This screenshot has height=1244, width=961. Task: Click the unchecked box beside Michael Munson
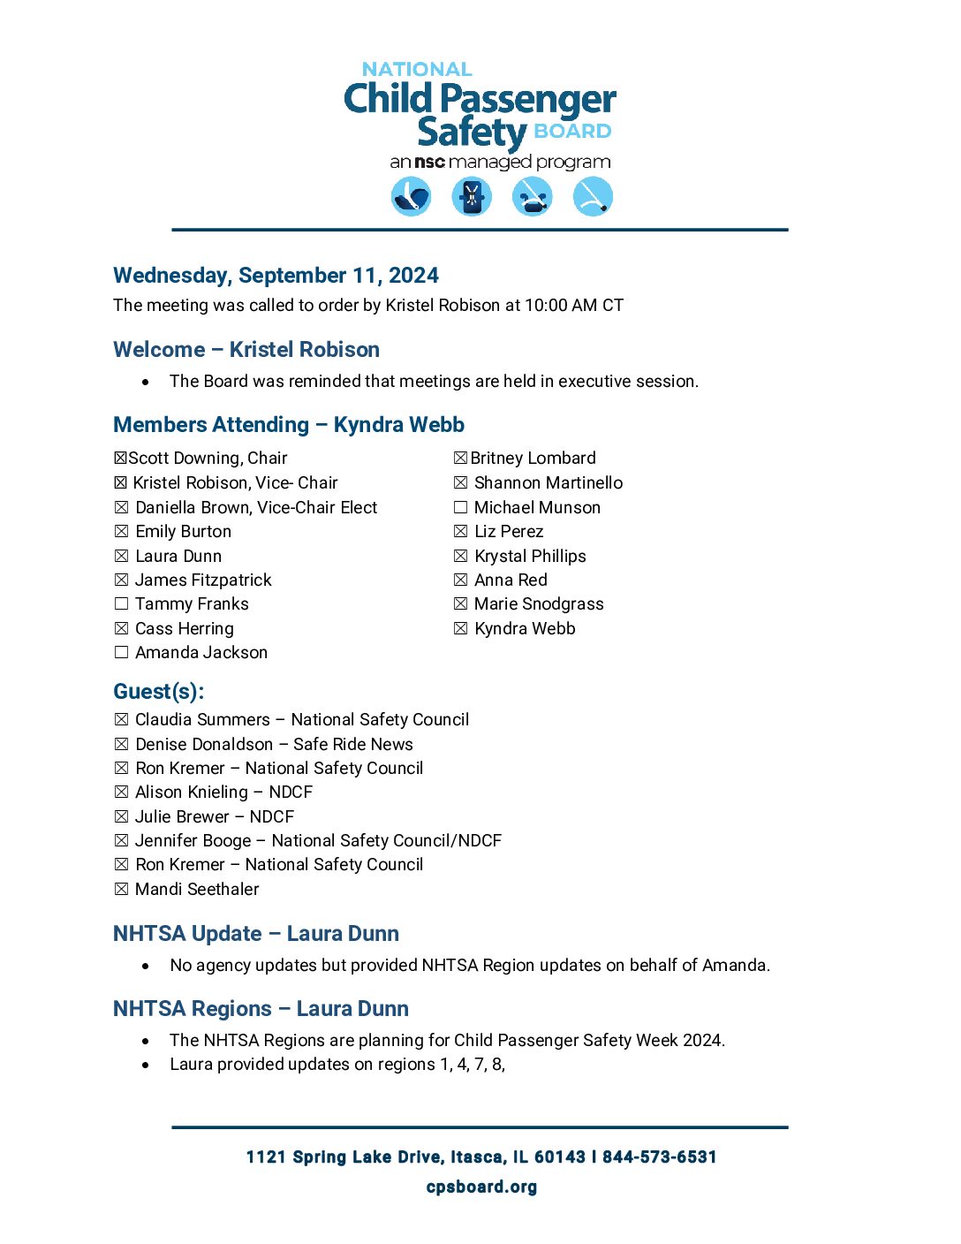(x=460, y=508)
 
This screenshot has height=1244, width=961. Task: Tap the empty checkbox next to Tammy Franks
(x=121, y=604)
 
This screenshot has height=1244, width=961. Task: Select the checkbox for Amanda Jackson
(x=121, y=653)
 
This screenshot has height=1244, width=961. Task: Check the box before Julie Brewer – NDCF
(x=121, y=817)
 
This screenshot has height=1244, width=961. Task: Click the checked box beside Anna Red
(x=460, y=580)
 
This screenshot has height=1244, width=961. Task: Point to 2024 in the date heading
(x=413, y=276)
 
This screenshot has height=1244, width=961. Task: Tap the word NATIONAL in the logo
(x=417, y=69)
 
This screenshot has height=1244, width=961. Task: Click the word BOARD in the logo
(x=572, y=132)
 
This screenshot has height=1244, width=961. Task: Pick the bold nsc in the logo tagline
(x=430, y=163)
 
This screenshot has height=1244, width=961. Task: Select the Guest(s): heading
(x=159, y=692)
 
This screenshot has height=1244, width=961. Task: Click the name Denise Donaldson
(x=204, y=745)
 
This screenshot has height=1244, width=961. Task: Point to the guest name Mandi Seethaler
(x=197, y=890)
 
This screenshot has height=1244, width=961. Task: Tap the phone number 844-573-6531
(x=659, y=1157)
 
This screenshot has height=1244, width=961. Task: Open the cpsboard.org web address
(x=481, y=1187)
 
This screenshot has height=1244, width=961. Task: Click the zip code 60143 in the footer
(x=559, y=1157)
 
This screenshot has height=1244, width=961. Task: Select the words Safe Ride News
(x=353, y=745)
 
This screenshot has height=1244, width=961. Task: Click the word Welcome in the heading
(x=159, y=350)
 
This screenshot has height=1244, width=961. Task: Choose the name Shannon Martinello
(x=548, y=483)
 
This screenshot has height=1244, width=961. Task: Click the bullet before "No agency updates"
(x=146, y=967)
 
